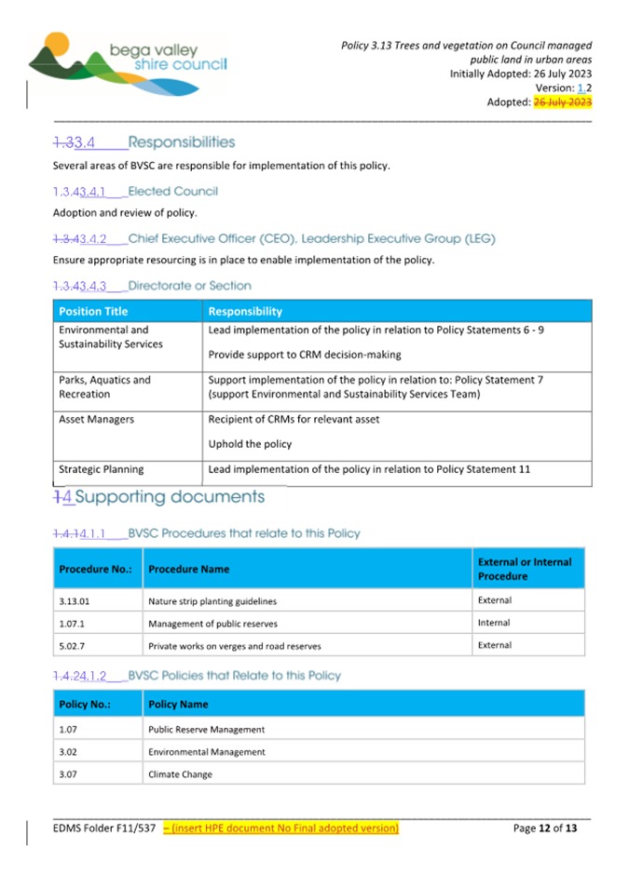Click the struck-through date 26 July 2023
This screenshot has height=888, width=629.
click(x=562, y=101)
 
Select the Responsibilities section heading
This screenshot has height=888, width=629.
click(x=182, y=142)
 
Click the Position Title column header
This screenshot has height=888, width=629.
click(x=93, y=311)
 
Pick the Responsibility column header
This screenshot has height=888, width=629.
click(x=245, y=311)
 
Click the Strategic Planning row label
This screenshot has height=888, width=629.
click(x=102, y=469)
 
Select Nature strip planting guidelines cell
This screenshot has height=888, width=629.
click(x=212, y=601)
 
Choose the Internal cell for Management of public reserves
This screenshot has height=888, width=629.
click(x=493, y=623)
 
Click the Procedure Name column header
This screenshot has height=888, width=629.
click(x=189, y=569)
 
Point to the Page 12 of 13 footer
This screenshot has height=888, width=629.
click(x=545, y=827)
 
